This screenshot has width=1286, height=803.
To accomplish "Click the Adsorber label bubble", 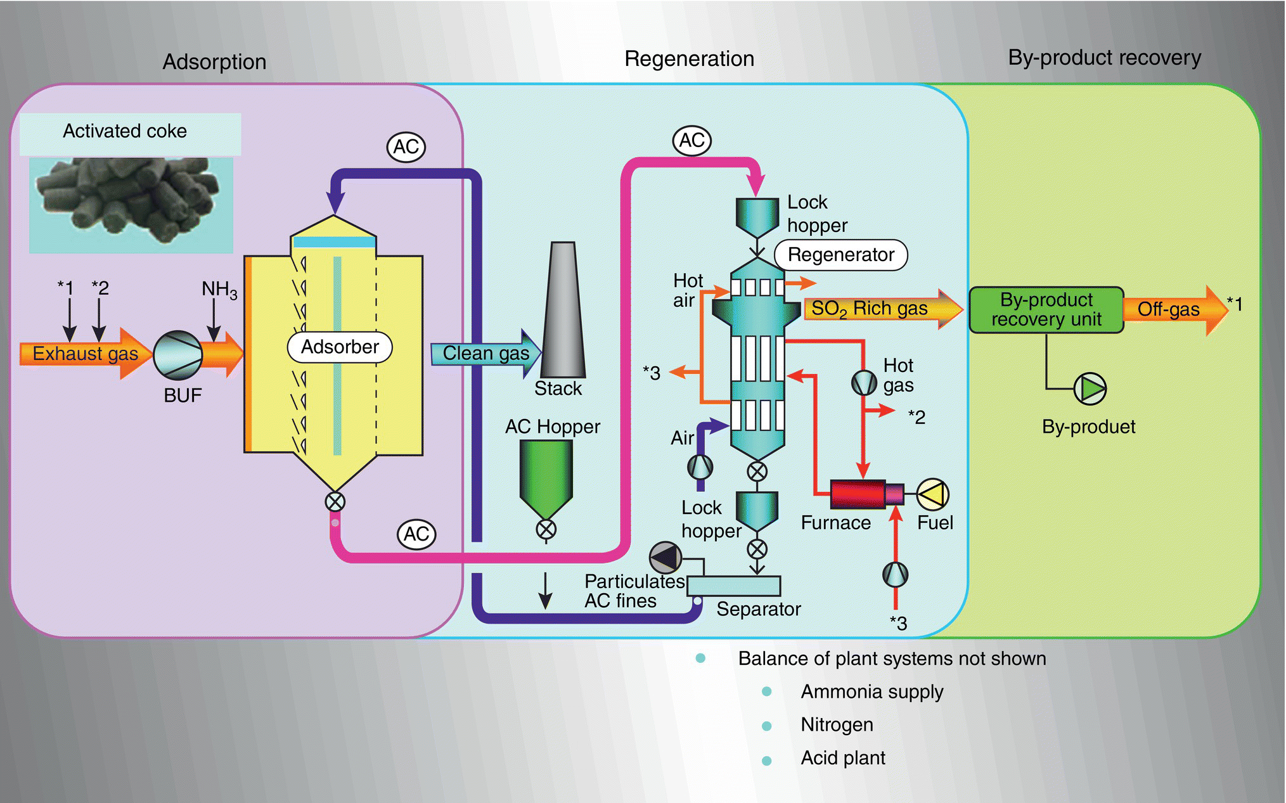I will point(340,347).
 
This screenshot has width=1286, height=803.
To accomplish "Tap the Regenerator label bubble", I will point(841,255).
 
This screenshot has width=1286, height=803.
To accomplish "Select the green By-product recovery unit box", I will point(1046,310).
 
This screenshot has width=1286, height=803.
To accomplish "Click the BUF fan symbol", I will point(178,355).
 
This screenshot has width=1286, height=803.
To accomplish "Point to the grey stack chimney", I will point(562,311).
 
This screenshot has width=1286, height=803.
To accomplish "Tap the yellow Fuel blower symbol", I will point(933,494).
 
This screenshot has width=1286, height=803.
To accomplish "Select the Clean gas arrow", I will point(485,354).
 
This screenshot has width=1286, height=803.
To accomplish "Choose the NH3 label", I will point(219,290).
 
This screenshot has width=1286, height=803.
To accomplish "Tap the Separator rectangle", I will point(734,586).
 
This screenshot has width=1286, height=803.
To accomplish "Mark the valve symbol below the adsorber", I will point(335,502).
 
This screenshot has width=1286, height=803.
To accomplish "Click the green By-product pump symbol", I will point(1090,388).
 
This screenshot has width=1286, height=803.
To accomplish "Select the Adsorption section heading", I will point(214,62).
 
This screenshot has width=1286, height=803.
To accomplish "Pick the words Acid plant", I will point(843,758).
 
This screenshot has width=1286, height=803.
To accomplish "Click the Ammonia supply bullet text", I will point(871,691).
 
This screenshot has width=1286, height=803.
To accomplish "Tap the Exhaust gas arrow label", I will point(85,354).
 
